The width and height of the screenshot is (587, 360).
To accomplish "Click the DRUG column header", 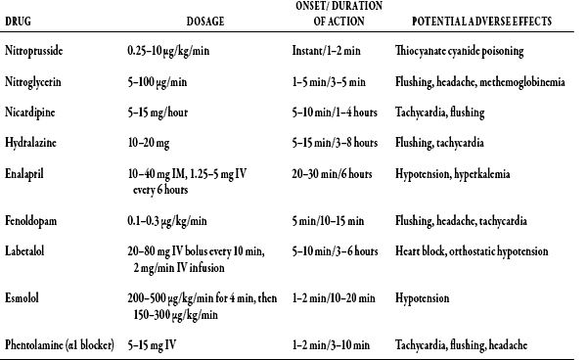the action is tap(21, 21).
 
